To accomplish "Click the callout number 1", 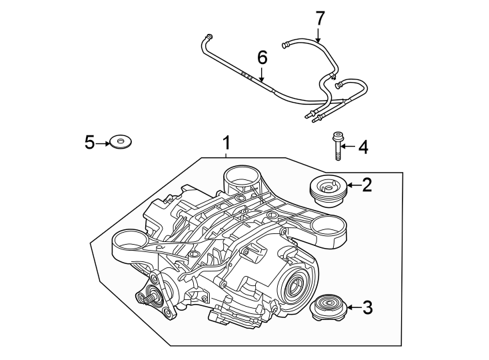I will (227, 143).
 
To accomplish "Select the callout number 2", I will (366, 185).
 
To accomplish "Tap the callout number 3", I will (367, 308).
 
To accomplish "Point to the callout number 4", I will (363, 147).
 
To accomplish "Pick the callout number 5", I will (91, 141).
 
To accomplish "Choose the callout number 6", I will (262, 58).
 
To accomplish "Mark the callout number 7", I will (319, 18).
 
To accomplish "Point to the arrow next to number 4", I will (348, 147).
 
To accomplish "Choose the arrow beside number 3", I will (352, 308).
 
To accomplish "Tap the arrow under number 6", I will (262, 75).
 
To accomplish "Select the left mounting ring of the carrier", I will (129, 239).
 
